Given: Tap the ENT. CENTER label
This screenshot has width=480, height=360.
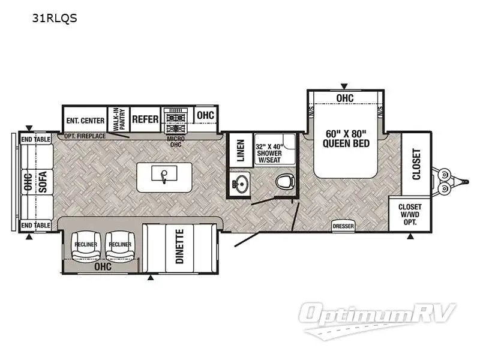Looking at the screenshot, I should pos(85,119).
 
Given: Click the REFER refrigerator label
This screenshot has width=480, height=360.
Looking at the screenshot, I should pos(145,119).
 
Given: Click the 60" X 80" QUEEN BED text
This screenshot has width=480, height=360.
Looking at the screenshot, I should pos(345,138).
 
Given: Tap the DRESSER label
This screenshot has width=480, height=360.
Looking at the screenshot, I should pos(343,226).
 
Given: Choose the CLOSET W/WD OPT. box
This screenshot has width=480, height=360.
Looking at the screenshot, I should pos(410,214).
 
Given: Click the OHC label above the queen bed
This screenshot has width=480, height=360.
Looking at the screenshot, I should pos(344,98).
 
